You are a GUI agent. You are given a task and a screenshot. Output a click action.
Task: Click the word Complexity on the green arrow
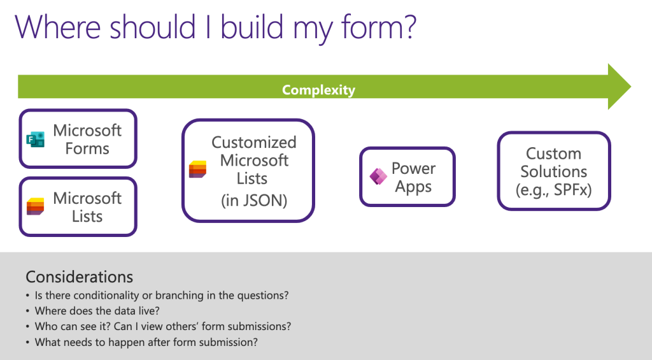coord(318,90)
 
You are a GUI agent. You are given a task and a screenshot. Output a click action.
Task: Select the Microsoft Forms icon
coord(36,139)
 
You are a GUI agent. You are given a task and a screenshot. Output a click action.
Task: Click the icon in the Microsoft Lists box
coord(35,206)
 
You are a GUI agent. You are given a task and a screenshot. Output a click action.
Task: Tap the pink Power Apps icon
coord(378,177)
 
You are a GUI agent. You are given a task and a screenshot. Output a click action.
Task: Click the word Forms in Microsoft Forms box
coord(87,148)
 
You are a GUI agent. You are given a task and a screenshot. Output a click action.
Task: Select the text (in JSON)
coord(253,200)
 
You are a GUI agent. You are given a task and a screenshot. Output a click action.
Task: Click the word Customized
coord(253,142)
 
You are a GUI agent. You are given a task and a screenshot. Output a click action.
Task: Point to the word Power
coord(413,168)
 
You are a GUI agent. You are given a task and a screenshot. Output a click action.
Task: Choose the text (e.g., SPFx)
coord(553,189)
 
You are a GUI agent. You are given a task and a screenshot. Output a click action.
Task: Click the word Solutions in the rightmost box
coord(553,171)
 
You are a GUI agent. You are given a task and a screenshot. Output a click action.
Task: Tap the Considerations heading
coord(79,277)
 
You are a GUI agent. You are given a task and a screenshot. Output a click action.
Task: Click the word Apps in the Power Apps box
coord(413,187)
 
